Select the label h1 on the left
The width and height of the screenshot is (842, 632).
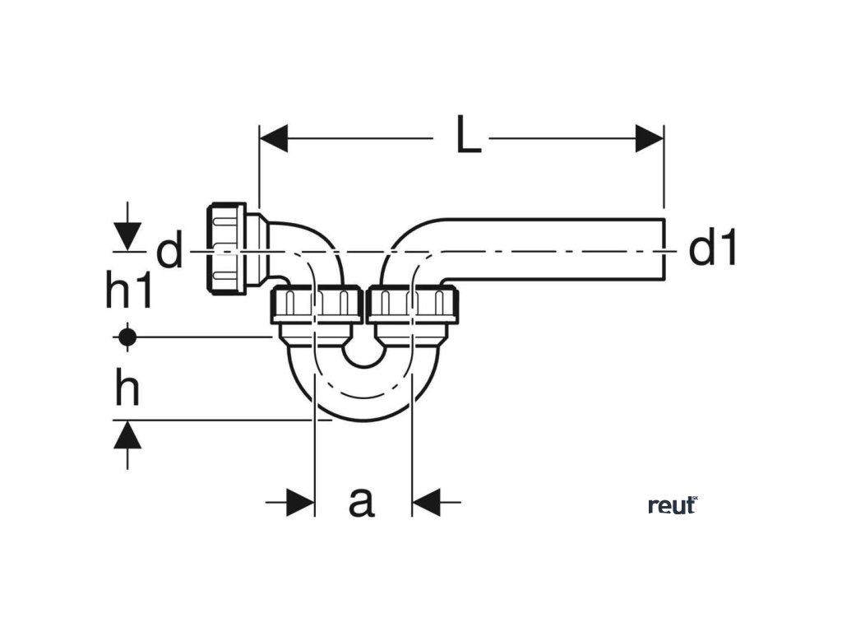pyautogui.click(x=129, y=291)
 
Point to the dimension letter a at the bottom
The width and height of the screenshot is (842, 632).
pyautogui.click(x=361, y=500)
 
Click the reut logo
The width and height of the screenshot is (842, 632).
pyautogui.click(x=673, y=505)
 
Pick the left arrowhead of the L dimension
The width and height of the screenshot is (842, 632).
pyautogui.click(x=274, y=139)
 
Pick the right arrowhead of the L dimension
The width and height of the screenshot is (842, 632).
pyautogui.click(x=650, y=139)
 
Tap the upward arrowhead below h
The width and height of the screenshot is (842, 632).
pyautogui.click(x=127, y=434)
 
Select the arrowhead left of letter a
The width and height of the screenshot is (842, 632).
pyautogui.click(x=301, y=500)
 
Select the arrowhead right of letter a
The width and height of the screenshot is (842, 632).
pyautogui.click(x=426, y=500)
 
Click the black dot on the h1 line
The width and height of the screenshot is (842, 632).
pyautogui.click(x=127, y=337)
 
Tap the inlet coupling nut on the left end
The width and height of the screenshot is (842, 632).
pyautogui.click(x=226, y=247)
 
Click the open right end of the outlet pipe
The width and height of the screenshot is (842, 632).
pyautogui.click(x=662, y=250)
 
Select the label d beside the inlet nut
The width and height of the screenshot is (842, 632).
pyautogui.click(x=169, y=252)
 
